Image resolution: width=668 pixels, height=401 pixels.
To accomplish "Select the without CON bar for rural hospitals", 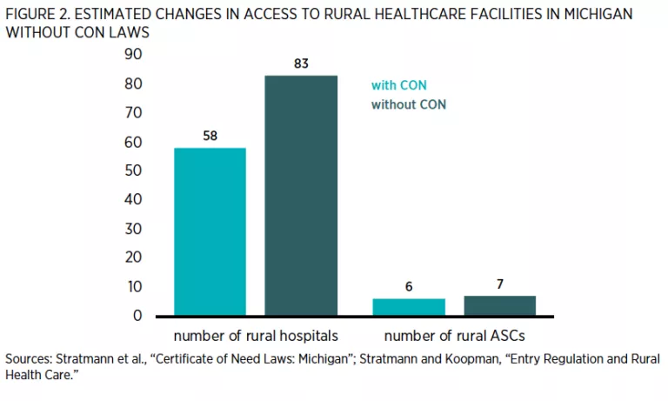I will point(301,196).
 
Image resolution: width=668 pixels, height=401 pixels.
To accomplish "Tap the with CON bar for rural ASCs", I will point(409,306).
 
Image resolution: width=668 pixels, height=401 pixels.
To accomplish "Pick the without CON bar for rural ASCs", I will point(499,305).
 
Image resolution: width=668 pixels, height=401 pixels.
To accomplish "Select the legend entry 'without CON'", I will point(409,104).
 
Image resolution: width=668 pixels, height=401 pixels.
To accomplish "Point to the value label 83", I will point(301,63).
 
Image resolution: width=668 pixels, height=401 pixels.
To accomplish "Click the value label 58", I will point(210,136).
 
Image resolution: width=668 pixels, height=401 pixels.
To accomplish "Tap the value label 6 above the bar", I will point(409,286).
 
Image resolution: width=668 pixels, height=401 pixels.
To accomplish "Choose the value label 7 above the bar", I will point(499,284).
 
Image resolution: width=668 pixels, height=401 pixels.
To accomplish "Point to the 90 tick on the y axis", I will point(133,55).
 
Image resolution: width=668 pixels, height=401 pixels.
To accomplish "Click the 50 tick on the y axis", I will point(133,170).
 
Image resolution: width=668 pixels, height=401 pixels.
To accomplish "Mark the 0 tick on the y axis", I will point(137,315).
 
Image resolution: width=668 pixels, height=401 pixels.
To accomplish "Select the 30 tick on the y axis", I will point(133,229).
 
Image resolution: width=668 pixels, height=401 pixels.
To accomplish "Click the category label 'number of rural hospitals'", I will point(255,336).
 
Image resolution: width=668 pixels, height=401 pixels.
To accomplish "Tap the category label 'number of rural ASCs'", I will point(454,336).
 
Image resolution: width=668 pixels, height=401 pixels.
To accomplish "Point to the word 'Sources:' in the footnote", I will point(29,358).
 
